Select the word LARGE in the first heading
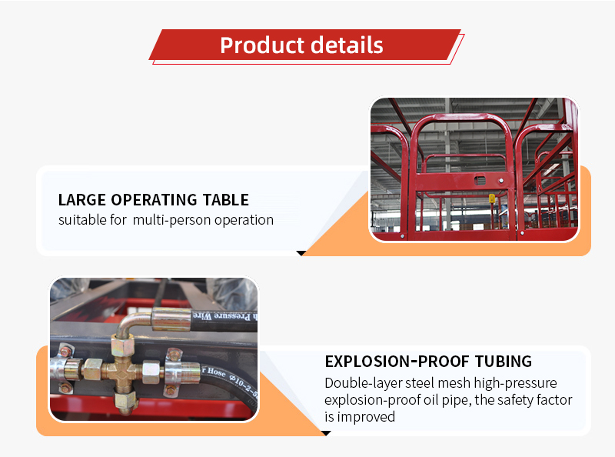click(82, 200)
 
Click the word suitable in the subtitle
click(81, 220)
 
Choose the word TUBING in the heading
click(500, 362)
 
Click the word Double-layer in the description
click(358, 383)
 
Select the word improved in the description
click(367, 417)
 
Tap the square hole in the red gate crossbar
click(480, 179)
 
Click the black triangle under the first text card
click(301, 252)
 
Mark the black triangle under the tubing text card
click(326, 433)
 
